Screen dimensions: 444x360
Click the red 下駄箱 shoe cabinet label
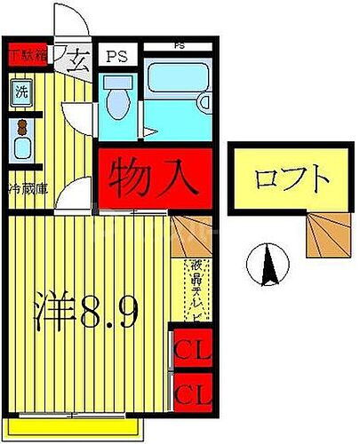pyautogui.click(x=27, y=55)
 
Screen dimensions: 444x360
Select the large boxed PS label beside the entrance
pyautogui.click(x=116, y=56)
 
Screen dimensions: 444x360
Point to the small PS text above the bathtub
pyautogui.click(x=179, y=45)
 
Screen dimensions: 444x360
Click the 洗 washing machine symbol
pyautogui.click(x=20, y=91)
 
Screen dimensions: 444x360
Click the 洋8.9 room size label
pyautogui.click(x=87, y=312)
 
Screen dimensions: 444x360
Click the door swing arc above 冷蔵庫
pyautogui.click(x=78, y=188)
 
